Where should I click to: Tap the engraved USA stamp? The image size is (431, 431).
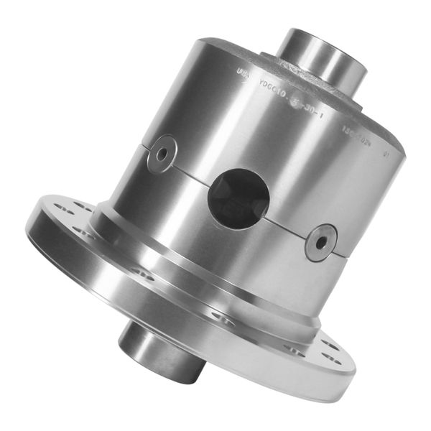point(242,72)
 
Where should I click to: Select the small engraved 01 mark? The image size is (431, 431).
point(387,153)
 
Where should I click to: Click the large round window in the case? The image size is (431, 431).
point(238,198)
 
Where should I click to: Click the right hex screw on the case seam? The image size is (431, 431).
point(320,242)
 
